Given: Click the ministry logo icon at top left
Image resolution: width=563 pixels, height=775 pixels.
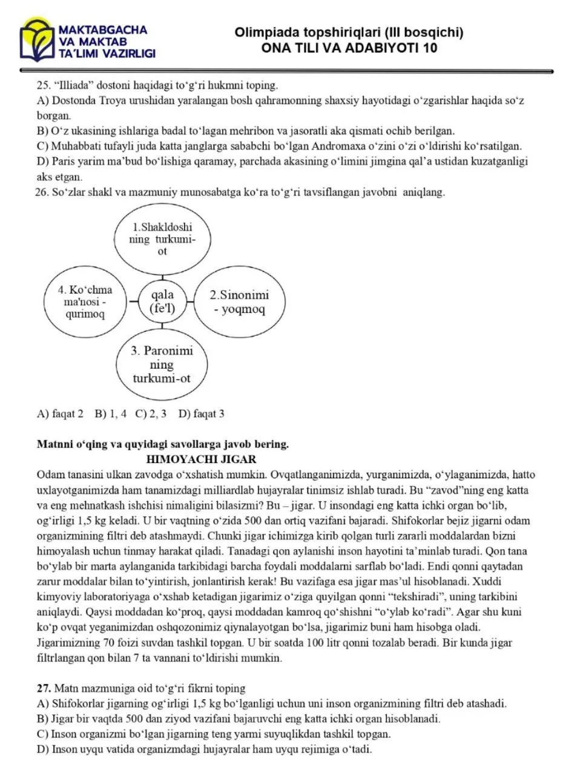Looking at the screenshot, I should point(37,40).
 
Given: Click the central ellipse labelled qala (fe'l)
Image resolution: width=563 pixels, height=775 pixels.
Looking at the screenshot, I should point(162,301).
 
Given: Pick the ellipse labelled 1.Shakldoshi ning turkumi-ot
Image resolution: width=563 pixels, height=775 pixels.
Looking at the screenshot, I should point(162,240).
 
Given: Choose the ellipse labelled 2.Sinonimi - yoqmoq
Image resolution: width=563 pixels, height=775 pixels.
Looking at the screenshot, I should point(239,303).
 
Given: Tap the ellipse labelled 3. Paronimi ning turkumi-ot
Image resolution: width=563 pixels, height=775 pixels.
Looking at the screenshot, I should point(162,364).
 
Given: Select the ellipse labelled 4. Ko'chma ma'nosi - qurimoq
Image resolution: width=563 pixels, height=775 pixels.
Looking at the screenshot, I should point(88,302).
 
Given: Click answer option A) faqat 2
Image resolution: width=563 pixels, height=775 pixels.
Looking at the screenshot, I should point(60,414).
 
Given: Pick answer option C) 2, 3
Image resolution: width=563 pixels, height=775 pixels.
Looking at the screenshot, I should point(151,414).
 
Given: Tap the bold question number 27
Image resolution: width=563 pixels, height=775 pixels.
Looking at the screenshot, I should point(44,688).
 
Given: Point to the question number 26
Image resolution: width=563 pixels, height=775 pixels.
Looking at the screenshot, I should point(43,193).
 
